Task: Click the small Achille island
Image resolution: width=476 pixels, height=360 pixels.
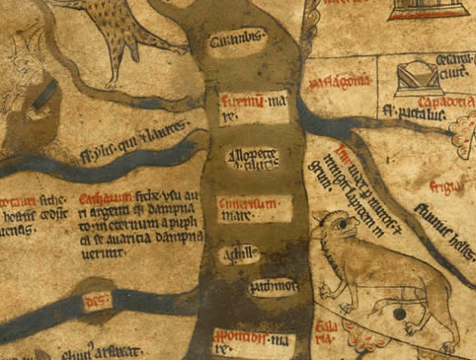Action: click(x=240, y=255)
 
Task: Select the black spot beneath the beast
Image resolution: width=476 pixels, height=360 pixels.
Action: click(x=398, y=315)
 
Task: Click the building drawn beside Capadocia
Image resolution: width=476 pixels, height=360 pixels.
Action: click(x=417, y=77)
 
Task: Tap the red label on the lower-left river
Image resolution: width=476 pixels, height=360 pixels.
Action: click(x=95, y=301)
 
